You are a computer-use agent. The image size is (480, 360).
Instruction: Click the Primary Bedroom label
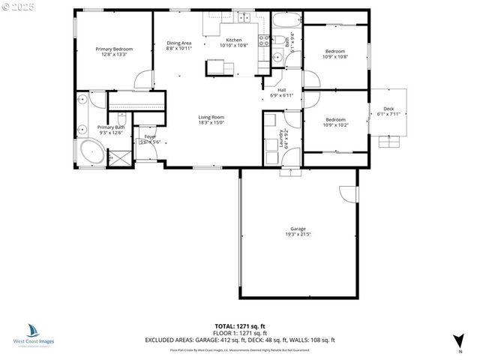114,49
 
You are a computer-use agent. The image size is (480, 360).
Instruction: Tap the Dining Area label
178,43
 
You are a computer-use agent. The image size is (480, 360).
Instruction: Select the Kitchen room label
234,40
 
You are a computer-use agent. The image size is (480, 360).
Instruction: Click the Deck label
388,109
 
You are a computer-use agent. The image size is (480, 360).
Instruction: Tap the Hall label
281,91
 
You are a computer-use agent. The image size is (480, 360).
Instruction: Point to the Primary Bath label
110,127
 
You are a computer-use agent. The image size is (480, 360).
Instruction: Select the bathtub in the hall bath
283,20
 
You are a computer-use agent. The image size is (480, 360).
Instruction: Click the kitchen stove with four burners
264,40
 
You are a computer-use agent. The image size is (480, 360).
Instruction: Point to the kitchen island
219,67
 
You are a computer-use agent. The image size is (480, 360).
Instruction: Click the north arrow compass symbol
457,340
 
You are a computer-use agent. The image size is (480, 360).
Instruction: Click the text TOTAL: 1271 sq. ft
239,326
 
